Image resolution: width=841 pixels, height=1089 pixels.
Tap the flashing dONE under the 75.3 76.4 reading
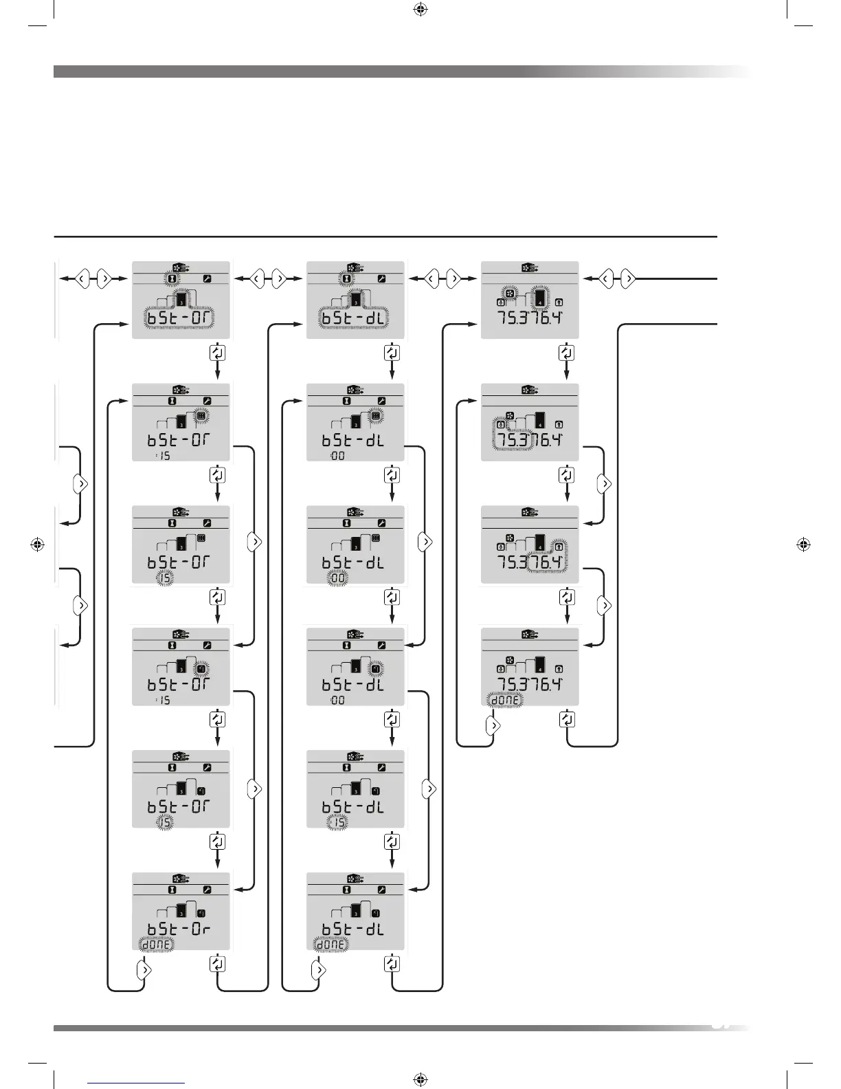point(505,700)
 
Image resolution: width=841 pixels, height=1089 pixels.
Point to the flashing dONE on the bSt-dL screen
point(330,945)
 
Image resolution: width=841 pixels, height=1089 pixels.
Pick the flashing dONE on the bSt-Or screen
point(156,945)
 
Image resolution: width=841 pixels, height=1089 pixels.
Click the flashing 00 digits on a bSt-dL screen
point(338,579)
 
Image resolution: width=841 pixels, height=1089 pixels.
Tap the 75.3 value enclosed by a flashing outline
point(513,439)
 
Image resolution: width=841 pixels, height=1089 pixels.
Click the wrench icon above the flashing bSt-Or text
point(207,279)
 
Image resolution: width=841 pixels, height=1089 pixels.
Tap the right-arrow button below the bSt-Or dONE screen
point(144,970)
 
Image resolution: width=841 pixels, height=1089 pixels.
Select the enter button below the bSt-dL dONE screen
point(392,964)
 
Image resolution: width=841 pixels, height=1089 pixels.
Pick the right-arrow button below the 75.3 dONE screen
point(493,725)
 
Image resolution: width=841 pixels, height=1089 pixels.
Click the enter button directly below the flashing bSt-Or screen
point(217,353)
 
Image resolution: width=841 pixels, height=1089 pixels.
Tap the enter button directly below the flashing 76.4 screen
point(566,597)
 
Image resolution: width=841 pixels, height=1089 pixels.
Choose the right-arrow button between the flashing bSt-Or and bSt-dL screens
point(279,279)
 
